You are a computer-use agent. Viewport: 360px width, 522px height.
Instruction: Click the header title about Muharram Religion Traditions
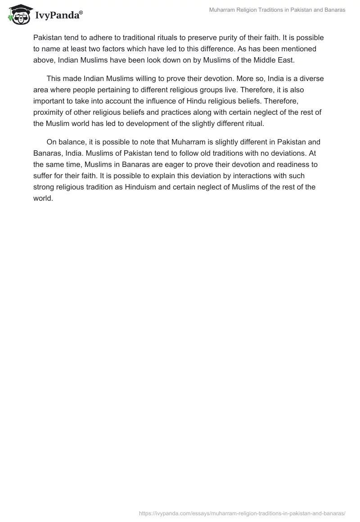tap(277, 10)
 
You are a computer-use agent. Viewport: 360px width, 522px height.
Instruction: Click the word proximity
tap(51, 112)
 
